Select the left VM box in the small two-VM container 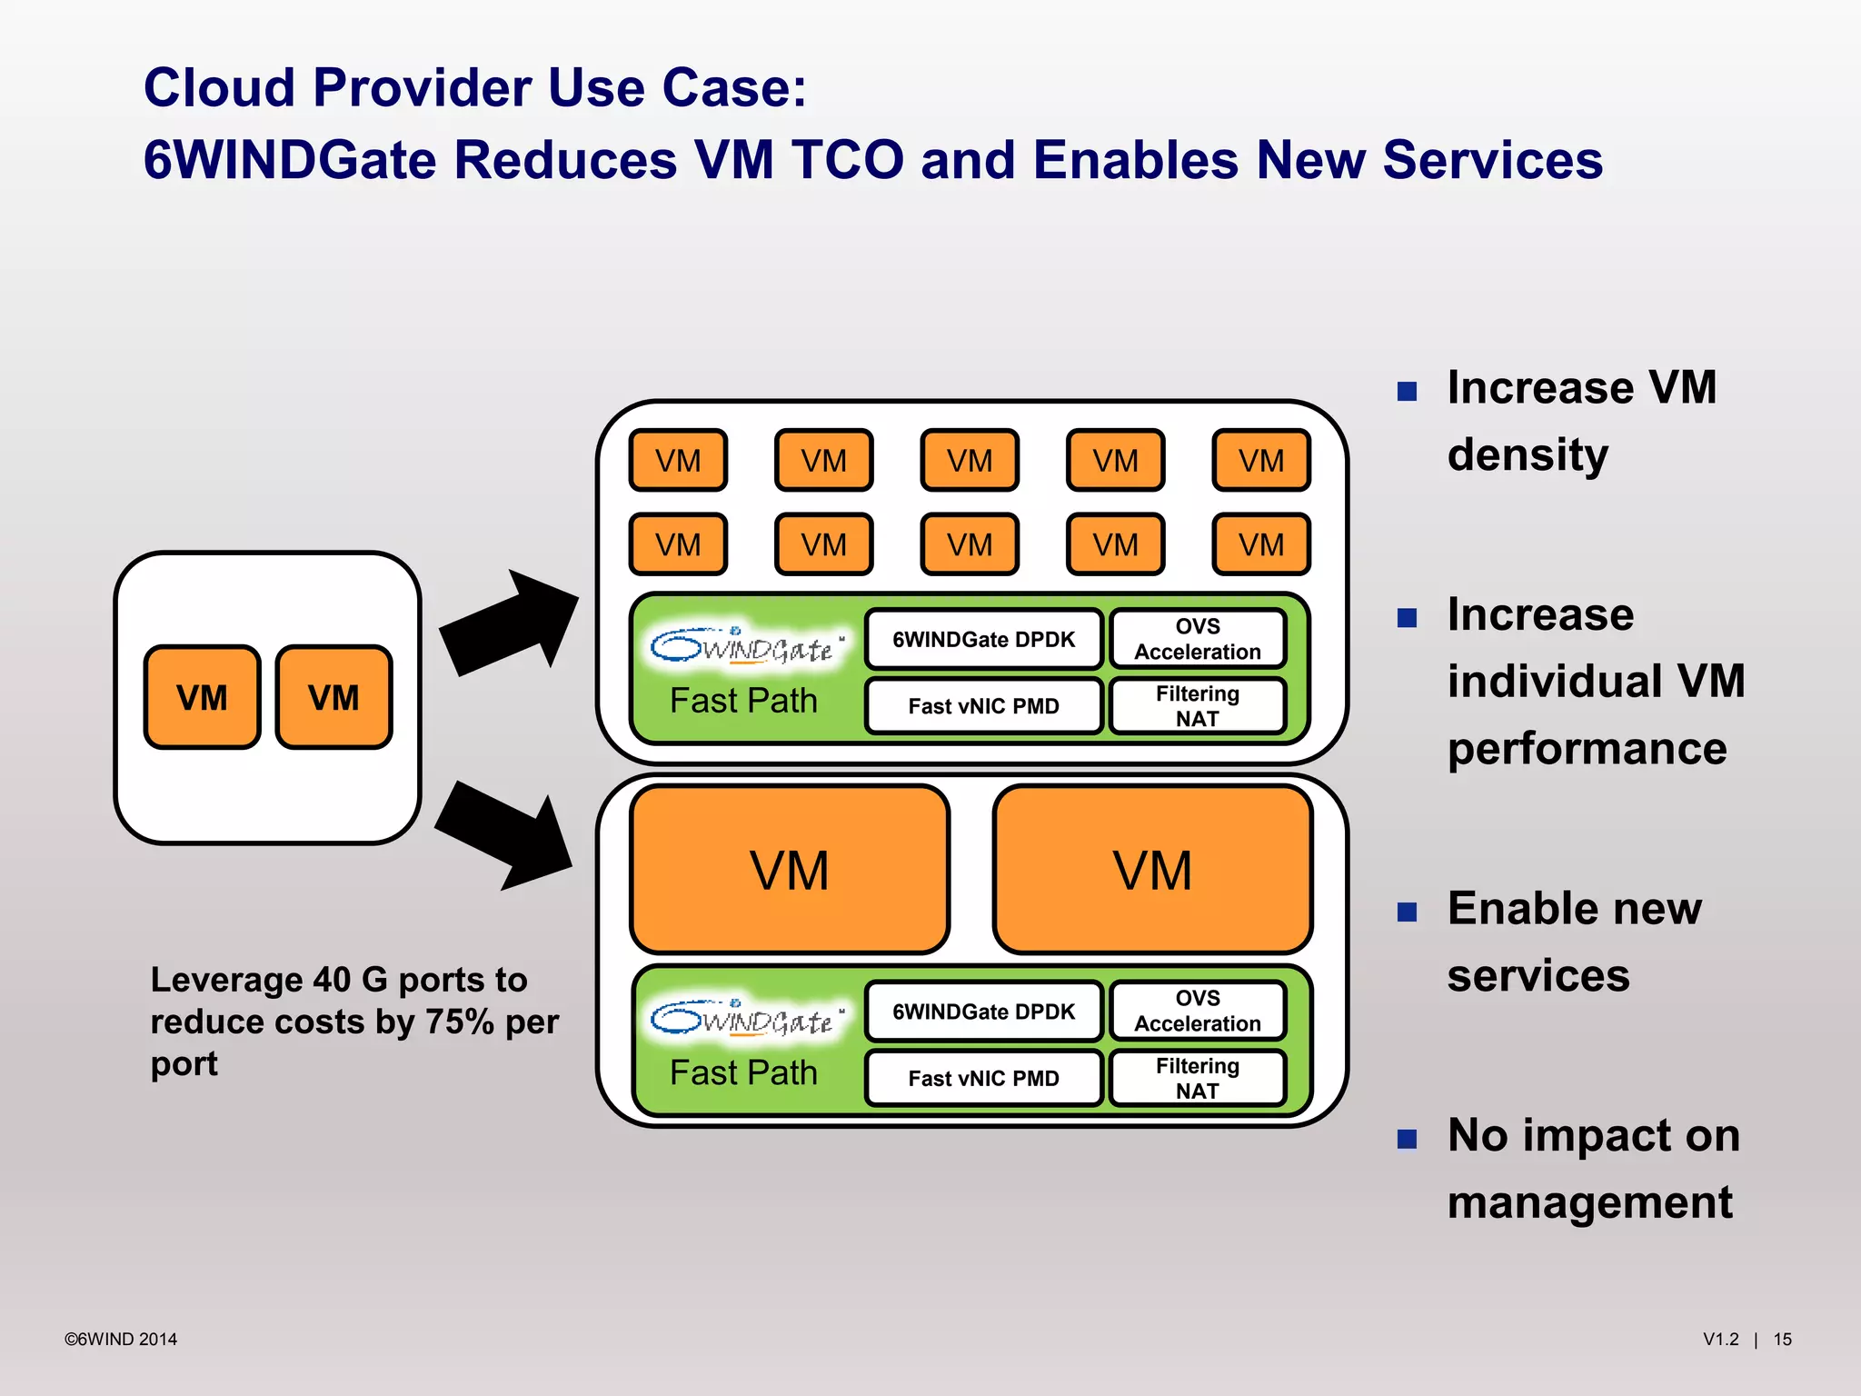point(202,697)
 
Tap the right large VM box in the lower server point(1152,870)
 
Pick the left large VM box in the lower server point(789,870)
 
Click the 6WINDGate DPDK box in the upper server point(983,639)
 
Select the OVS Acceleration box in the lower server point(1197,1011)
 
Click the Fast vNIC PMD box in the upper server point(983,706)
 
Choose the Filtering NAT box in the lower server point(1197,1078)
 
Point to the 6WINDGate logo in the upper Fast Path point(745,646)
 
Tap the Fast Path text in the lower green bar point(743,1072)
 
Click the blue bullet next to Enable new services point(1407,912)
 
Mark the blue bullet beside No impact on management point(1407,1139)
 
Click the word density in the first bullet point(1528,454)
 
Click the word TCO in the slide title point(847,160)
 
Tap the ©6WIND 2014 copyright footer point(121,1339)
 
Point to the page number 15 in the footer point(1782,1339)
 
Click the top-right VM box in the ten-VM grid point(1260,461)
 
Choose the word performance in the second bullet point(1587,749)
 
